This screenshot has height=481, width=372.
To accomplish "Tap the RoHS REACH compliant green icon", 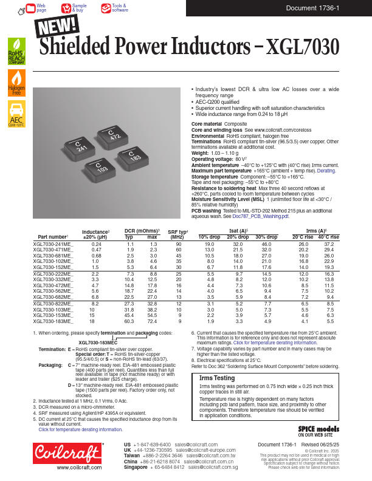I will pyautogui.click(x=16, y=51).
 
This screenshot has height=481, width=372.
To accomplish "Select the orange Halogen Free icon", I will pyautogui.click(x=16, y=83).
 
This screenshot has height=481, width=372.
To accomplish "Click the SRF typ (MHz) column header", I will pyautogui.click(x=178, y=234).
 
